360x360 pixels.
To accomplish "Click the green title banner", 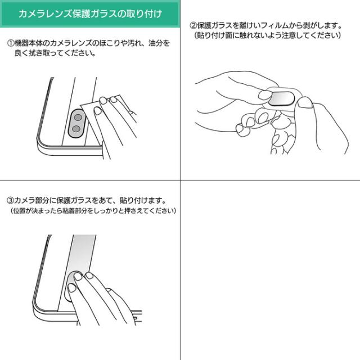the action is (90, 13).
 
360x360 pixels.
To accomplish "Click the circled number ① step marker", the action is (11, 43).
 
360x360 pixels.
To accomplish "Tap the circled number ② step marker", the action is (193, 25).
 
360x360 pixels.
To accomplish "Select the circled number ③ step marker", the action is (11, 201).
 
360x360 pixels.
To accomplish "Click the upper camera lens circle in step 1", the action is (78, 118).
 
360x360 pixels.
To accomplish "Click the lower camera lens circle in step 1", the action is (76, 129).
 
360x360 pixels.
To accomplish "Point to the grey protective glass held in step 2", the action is (281, 99).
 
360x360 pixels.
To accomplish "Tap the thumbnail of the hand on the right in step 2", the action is (305, 102).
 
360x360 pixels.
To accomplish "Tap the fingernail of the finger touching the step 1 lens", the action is (98, 111).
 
